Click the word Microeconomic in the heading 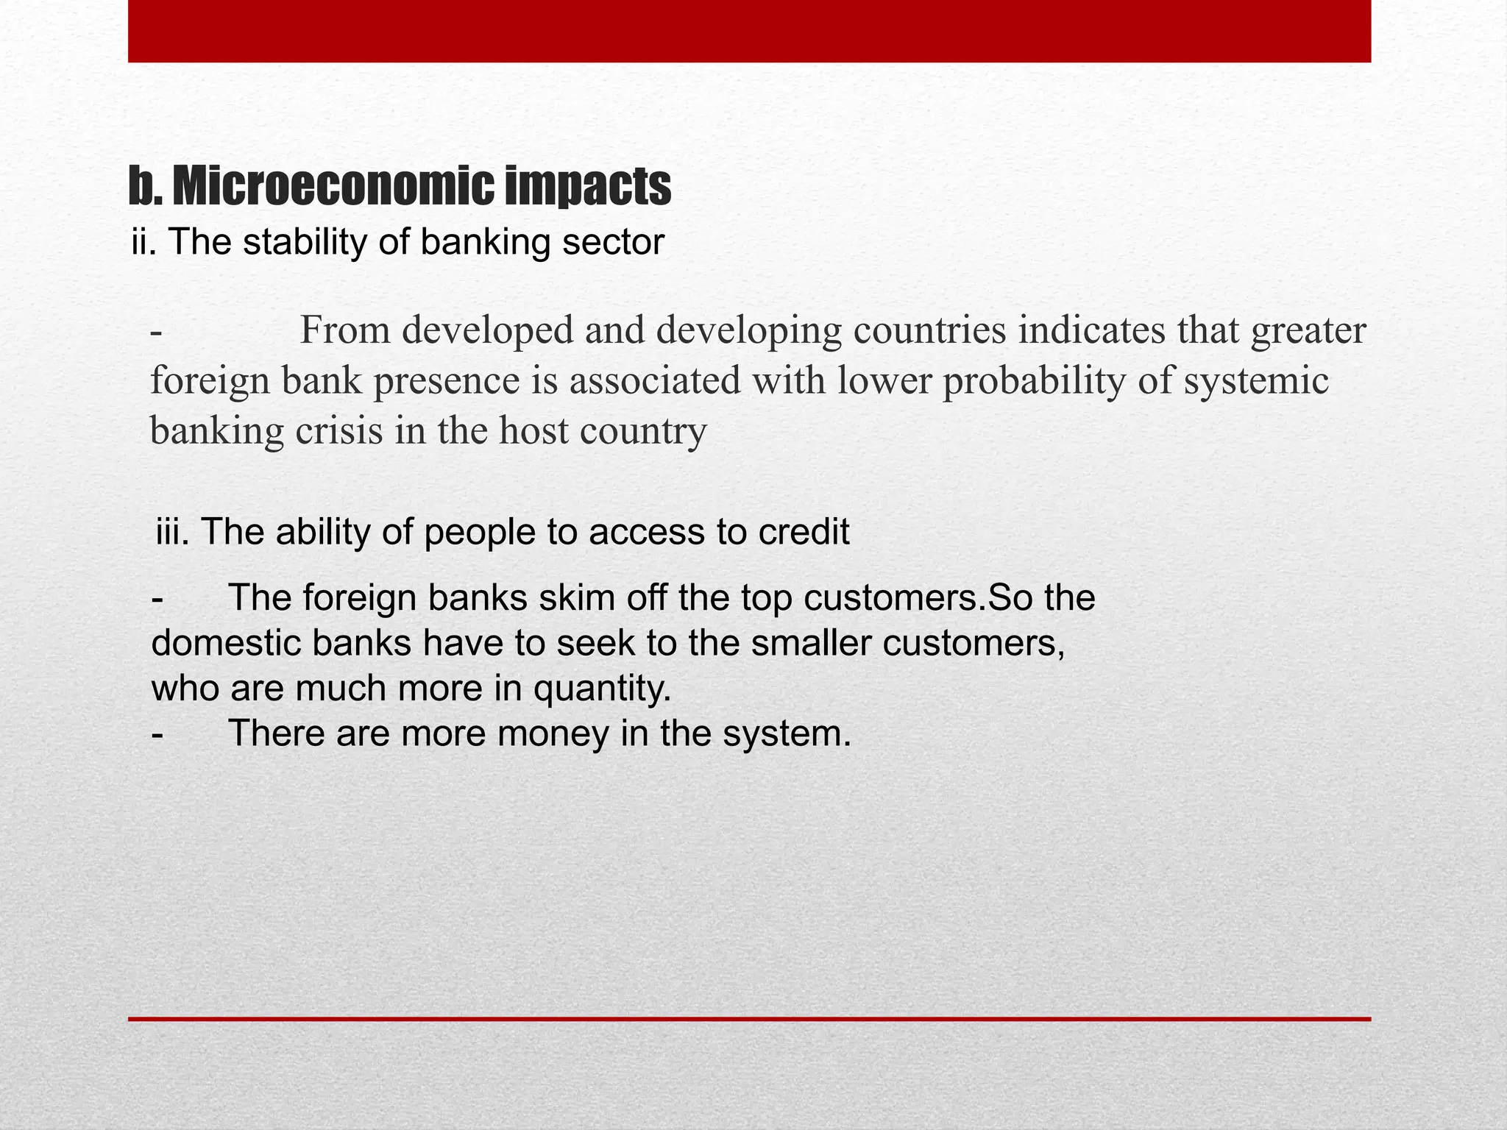click(x=333, y=187)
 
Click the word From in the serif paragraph click(x=345, y=330)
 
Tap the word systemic click(x=1255, y=380)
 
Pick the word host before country click(x=533, y=430)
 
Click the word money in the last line click(x=553, y=733)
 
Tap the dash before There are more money click(x=157, y=733)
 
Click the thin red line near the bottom click(x=749, y=1019)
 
